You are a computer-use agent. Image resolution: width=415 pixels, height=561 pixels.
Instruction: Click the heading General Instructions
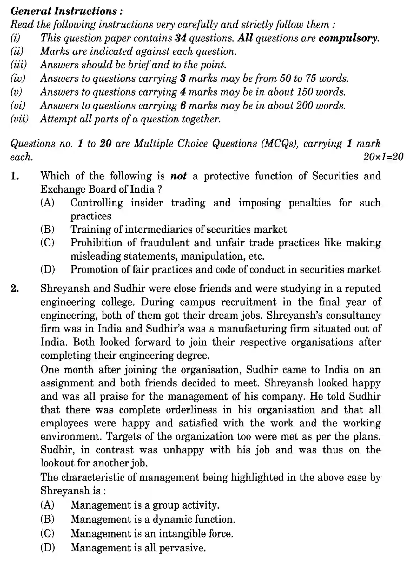66,11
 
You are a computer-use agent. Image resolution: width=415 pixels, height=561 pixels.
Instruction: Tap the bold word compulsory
348,38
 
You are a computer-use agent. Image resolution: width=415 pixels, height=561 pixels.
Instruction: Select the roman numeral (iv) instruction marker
18,79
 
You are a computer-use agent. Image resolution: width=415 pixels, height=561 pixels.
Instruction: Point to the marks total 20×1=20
383,157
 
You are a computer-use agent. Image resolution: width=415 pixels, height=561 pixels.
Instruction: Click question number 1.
15,176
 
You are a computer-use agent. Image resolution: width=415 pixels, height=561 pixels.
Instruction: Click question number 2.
15,289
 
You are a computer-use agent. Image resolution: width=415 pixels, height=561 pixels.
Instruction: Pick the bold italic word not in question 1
178,176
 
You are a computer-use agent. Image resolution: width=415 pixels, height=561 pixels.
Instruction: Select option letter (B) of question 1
47,229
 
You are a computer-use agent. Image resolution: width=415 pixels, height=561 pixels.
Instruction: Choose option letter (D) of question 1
47,269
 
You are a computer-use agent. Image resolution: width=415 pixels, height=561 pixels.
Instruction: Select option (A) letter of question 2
47,505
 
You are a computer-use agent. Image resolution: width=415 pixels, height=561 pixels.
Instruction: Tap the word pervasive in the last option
183,547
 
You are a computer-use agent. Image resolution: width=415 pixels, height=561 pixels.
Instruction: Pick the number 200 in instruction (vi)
305,106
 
